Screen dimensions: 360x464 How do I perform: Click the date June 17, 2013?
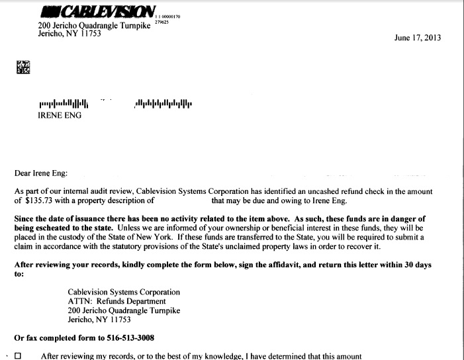(x=417, y=38)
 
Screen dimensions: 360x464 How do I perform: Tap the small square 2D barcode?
(x=23, y=67)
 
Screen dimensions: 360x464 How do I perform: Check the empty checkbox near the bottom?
(x=18, y=355)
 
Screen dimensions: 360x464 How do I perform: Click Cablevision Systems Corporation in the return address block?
(x=124, y=292)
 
